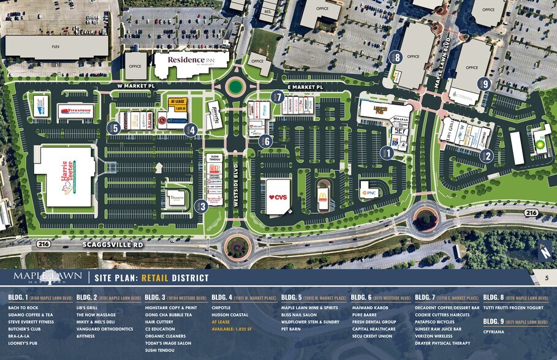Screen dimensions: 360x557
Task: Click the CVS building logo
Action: pyautogui.click(x=278, y=197)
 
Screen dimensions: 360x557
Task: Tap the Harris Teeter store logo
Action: pyautogui.click(x=66, y=178)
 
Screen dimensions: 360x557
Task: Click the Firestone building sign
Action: pyautogui.click(x=75, y=111)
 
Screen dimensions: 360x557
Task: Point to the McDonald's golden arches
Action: pyautogui.click(x=322, y=197)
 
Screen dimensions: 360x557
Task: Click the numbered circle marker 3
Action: pyautogui.click(x=202, y=206)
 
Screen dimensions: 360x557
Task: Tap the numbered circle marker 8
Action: pyautogui.click(x=397, y=57)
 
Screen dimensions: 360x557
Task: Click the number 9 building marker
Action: pyautogui.click(x=486, y=84)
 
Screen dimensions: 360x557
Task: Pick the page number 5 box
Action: pyautogui.click(x=546, y=279)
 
